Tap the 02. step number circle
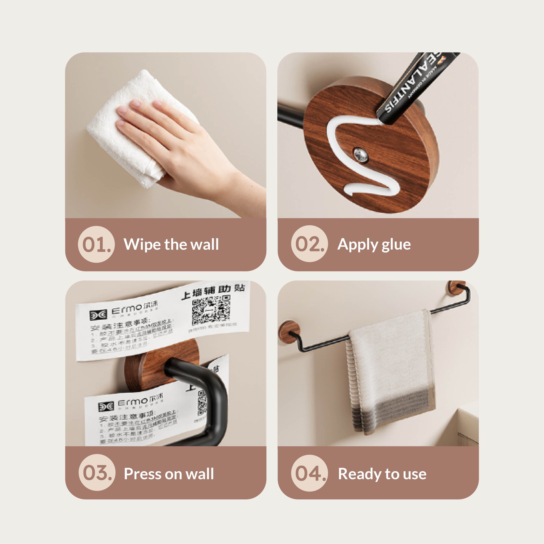(x=309, y=244)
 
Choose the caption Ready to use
(x=382, y=474)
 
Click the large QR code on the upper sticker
(x=211, y=310)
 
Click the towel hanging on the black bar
(x=390, y=372)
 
